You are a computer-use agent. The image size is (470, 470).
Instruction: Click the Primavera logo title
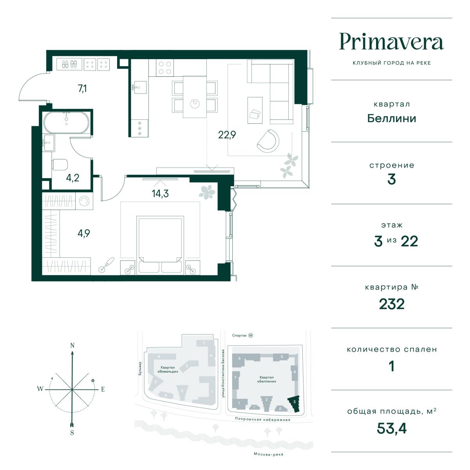pos(391,42)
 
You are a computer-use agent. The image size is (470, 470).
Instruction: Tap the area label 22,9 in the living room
pos(227,135)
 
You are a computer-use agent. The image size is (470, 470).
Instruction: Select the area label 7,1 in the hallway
pos(82,88)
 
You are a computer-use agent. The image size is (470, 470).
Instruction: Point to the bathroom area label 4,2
pos(72,178)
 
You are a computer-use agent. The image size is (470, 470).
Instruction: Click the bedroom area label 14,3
pos(160,193)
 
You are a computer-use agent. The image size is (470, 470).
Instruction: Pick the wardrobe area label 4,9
pos(84,233)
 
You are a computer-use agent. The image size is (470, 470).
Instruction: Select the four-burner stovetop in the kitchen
pos(165,67)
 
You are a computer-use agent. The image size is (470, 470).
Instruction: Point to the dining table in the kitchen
pos(195,97)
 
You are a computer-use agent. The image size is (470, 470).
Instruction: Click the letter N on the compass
pos(72,345)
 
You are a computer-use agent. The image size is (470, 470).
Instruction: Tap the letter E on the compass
pos(103,389)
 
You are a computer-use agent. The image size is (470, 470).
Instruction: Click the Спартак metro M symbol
pos(251,335)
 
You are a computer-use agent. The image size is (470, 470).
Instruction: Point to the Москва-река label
pos(269,454)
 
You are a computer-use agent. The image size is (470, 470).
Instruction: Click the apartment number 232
pos(392,304)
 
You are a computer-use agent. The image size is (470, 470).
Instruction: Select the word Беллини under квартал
pos(392,119)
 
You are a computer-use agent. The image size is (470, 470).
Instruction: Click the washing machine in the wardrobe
pos(84,201)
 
